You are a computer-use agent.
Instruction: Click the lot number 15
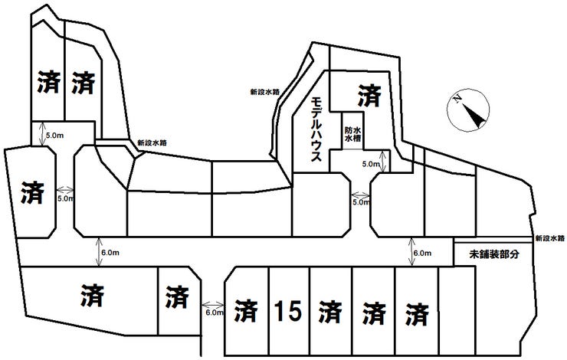288,311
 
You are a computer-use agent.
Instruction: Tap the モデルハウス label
316,129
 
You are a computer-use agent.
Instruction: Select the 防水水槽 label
353,134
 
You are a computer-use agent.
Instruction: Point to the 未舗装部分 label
494,254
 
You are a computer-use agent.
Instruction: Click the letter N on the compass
457,98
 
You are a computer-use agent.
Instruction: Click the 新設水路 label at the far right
550,238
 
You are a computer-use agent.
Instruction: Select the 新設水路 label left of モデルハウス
265,92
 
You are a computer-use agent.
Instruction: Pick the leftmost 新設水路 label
152,142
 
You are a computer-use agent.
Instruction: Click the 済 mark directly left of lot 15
246,311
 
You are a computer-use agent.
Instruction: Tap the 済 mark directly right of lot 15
330,312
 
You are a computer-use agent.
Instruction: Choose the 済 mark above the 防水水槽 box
369,96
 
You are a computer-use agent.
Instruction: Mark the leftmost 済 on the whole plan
32,192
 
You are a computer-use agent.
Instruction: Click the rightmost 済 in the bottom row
417,314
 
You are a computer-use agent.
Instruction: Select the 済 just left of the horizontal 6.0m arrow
177,297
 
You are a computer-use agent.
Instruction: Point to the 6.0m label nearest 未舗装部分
422,254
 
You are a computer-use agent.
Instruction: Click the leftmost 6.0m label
110,253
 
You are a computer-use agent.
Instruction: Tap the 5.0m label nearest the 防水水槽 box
371,164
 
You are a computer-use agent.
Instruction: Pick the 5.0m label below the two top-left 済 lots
55,136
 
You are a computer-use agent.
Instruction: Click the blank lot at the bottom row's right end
457,311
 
